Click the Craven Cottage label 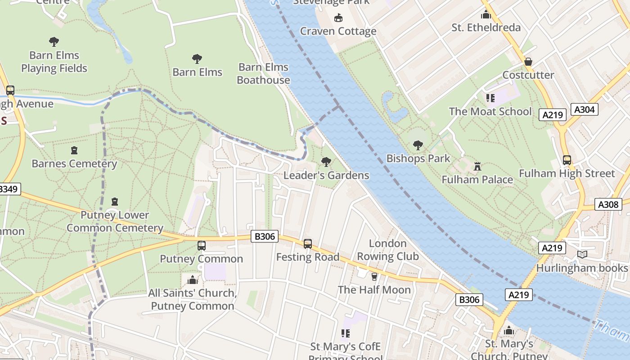[338, 31]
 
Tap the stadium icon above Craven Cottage [338, 18]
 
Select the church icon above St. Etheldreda [486, 14]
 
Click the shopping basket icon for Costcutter [528, 62]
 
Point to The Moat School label [490, 111]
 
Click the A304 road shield [585, 109]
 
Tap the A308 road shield [608, 204]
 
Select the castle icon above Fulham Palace [477, 166]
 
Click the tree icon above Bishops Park [418, 145]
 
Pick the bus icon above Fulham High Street [567, 160]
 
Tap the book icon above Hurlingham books [582, 255]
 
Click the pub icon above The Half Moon [374, 276]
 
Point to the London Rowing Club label [387, 250]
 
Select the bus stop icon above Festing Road [307, 243]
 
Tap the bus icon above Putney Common [202, 246]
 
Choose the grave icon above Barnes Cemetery [74, 150]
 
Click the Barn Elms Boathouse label [263, 73]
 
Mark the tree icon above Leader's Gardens [326, 162]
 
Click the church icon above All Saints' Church [193, 280]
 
